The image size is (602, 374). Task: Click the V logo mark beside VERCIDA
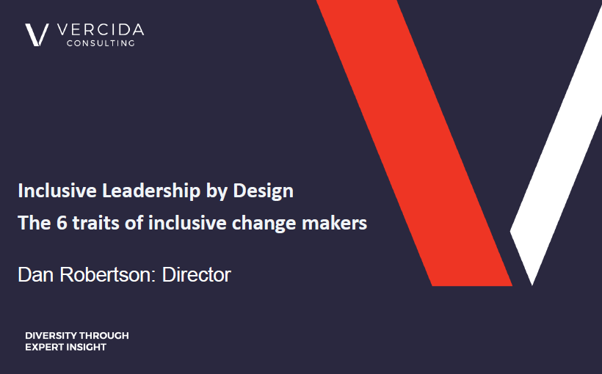point(37,35)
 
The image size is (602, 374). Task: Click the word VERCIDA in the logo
point(101,30)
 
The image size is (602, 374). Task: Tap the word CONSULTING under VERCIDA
point(101,43)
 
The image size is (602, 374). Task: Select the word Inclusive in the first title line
point(57,191)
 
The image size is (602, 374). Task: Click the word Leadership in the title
point(151,191)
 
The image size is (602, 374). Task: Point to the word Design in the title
point(264,191)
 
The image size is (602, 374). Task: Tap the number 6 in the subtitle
point(62,223)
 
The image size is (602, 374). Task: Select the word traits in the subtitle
point(96,223)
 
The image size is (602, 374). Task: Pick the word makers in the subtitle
point(334,223)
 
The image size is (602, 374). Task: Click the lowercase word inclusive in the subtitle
point(187,223)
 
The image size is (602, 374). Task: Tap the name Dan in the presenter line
point(35,275)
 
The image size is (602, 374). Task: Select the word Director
point(196,275)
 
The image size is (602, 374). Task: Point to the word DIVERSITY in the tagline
point(51,336)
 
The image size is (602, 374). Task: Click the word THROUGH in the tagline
point(104,336)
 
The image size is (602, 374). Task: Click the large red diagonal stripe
point(415,143)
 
